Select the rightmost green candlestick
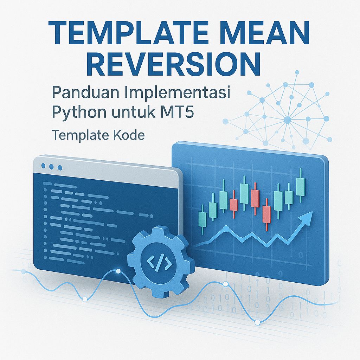(300, 186)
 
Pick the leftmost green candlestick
(202, 218)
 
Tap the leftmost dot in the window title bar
(44, 166)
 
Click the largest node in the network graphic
(287, 120)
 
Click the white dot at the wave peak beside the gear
(118, 271)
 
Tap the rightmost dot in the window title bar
(59, 167)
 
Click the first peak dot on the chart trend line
(225, 228)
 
